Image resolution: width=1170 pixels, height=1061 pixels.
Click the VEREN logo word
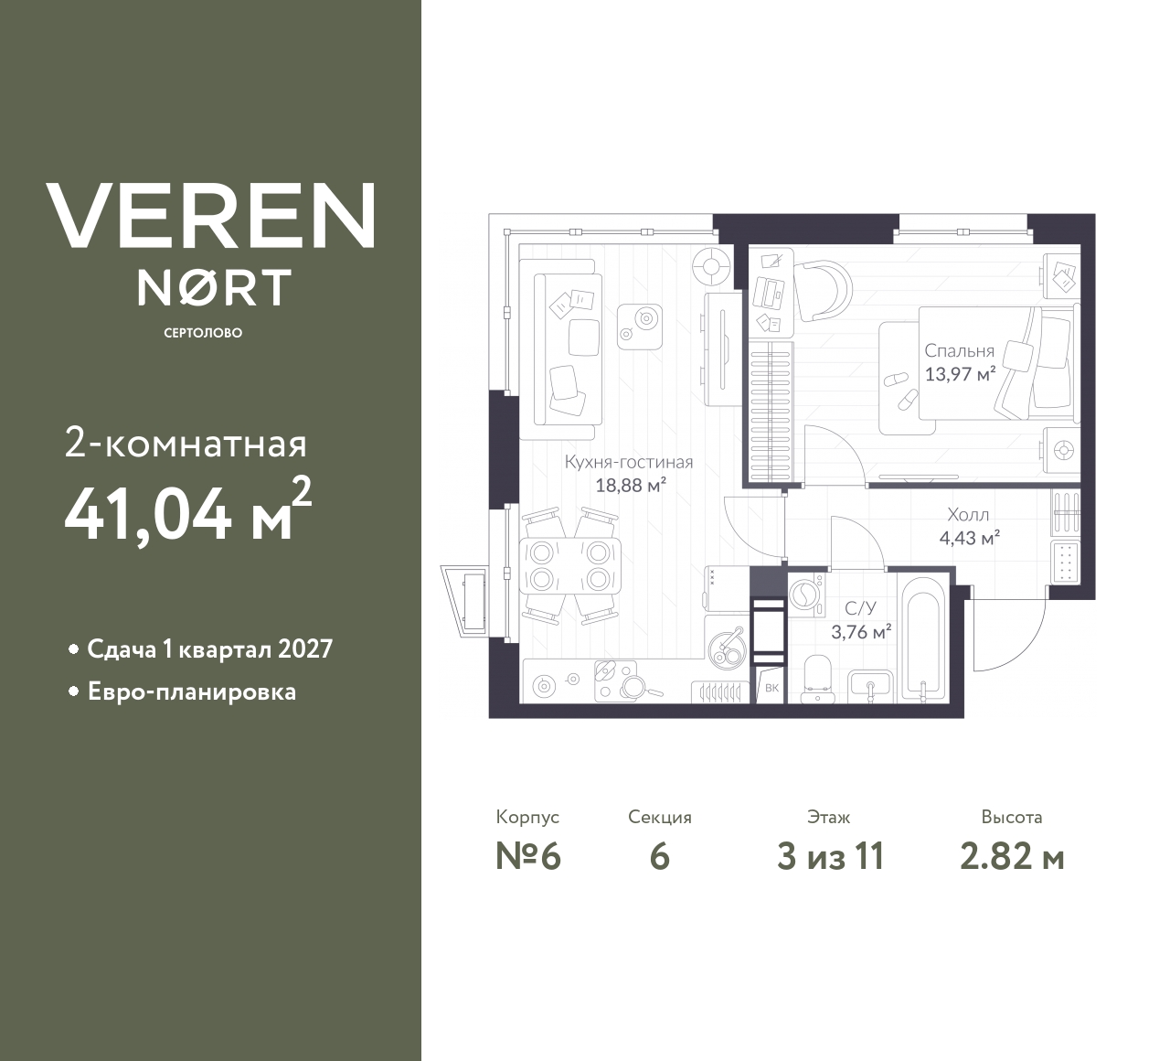210,215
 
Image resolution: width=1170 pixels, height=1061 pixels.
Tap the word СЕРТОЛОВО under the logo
203,333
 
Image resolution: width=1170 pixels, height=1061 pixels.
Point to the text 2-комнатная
186,445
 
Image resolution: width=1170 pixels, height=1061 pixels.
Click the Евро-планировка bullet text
191,691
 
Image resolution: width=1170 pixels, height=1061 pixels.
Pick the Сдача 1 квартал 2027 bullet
209,649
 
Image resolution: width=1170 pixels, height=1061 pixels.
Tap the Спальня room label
959,351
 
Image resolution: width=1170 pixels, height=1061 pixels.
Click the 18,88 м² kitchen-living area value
630,485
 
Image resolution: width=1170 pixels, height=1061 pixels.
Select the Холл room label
968,515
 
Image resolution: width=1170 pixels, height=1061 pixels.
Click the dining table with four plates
569,566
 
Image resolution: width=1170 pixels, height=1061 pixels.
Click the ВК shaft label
771,688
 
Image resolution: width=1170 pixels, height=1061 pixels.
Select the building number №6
527,857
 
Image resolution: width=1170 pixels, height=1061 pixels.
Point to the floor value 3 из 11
830,857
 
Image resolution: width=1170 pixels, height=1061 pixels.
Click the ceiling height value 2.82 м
1012,857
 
